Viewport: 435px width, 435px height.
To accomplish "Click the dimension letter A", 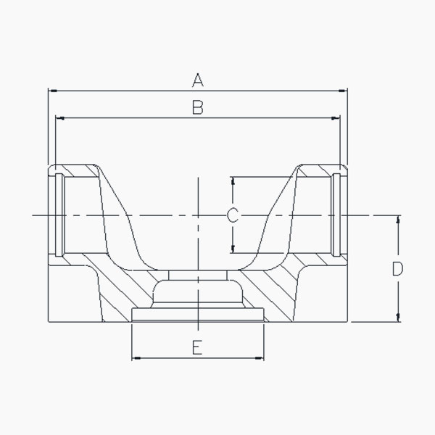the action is (198, 80).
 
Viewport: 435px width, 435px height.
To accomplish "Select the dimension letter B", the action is (198, 107).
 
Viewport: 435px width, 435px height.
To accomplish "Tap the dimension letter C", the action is (233, 215).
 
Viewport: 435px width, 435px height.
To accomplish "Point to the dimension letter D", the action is (397, 268).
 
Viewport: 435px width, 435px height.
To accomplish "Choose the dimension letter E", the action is (197, 347).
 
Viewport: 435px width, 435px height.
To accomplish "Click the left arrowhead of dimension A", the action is (53, 91).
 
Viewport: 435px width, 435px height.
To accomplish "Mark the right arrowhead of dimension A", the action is (343, 91).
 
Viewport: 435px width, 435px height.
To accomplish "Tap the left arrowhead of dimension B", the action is (60, 118).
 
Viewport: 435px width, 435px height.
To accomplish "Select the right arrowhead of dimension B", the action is (336, 118).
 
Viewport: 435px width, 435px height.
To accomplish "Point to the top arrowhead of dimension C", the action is (233, 181).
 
